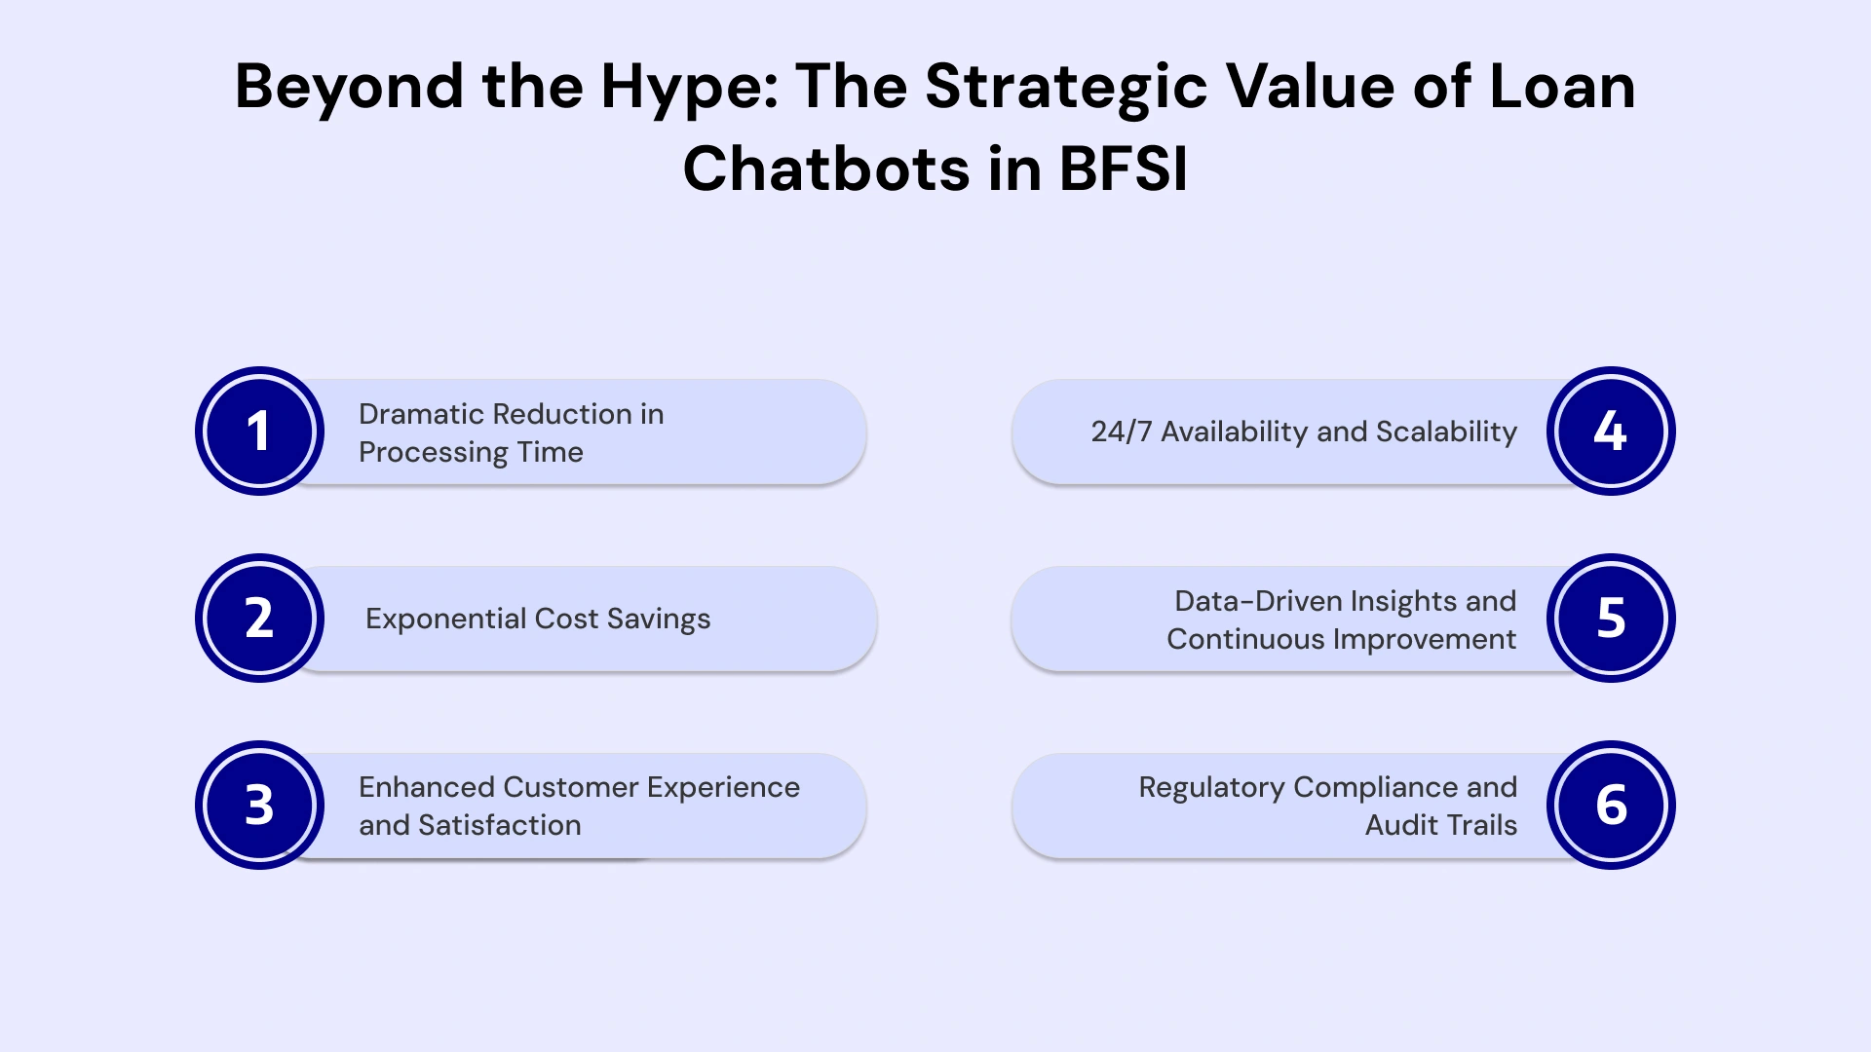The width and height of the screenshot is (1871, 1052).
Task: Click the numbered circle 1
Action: click(x=259, y=432)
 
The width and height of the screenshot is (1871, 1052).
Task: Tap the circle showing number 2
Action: click(x=259, y=619)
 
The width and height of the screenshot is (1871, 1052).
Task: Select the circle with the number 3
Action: click(x=259, y=806)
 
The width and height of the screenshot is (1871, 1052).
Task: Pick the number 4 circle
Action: click(x=1611, y=432)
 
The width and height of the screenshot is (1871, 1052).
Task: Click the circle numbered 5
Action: click(x=1611, y=619)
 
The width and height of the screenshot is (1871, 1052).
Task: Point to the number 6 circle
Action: click(x=1611, y=806)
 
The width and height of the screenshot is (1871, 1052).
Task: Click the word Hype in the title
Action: click(x=689, y=88)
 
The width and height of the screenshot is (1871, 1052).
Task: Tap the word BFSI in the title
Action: click(x=1123, y=169)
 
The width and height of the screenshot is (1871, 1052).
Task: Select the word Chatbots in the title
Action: click(x=825, y=169)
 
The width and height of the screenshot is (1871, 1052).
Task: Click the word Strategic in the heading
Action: click(x=1066, y=88)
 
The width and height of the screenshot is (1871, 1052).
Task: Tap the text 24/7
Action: click(x=1121, y=432)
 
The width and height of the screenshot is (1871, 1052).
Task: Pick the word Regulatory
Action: click(x=1210, y=788)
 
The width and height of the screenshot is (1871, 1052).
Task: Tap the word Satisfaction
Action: click(x=499, y=826)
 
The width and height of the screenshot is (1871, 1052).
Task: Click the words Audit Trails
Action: click(x=1440, y=826)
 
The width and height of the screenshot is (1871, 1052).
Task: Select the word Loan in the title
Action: click(x=1562, y=88)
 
